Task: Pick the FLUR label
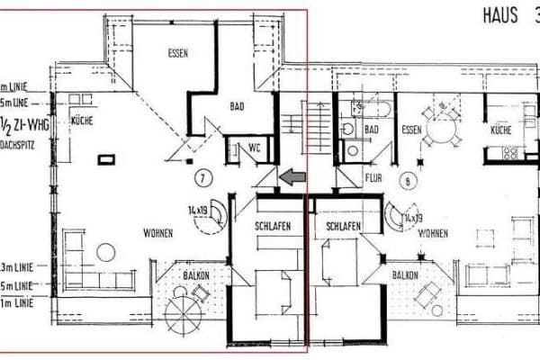tap(373, 178)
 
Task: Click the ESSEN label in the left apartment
tap(178, 53)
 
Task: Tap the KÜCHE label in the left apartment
tap(79, 120)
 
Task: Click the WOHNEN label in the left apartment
tap(157, 233)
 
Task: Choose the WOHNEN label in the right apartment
tap(434, 233)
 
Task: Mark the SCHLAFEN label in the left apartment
tap(271, 227)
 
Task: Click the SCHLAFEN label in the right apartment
tap(344, 227)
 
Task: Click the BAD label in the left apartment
tap(238, 106)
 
